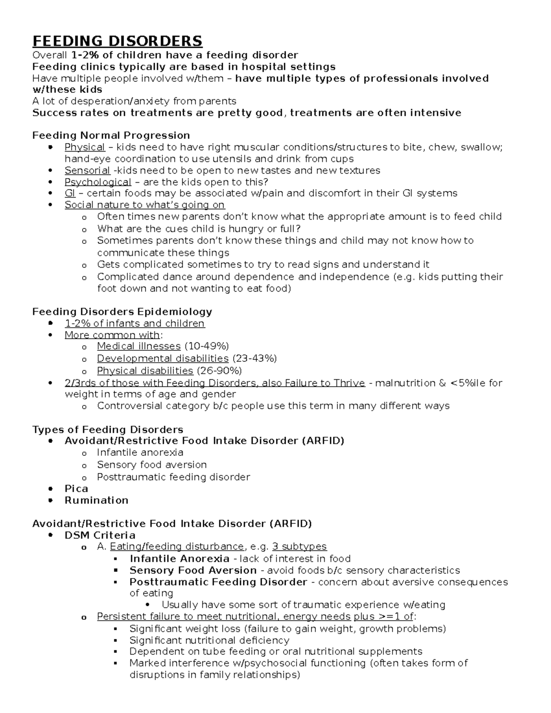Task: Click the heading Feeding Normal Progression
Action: [111, 135]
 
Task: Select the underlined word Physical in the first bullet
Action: [85, 147]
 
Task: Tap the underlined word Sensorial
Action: [87, 171]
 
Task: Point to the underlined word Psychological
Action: [98, 182]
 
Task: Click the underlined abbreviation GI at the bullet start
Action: [70, 193]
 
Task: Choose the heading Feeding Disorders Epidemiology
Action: [122, 312]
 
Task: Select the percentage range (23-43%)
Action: [255, 359]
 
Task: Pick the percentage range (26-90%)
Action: [219, 371]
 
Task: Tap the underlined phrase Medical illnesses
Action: [139, 346]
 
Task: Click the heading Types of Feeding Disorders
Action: [108, 430]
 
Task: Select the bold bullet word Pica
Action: [76, 488]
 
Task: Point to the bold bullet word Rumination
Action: [96, 500]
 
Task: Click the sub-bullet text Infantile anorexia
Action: [140, 453]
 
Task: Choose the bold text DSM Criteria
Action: [100, 535]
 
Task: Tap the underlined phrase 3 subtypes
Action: [299, 547]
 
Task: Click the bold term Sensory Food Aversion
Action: [193, 571]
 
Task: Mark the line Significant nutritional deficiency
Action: [209, 640]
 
